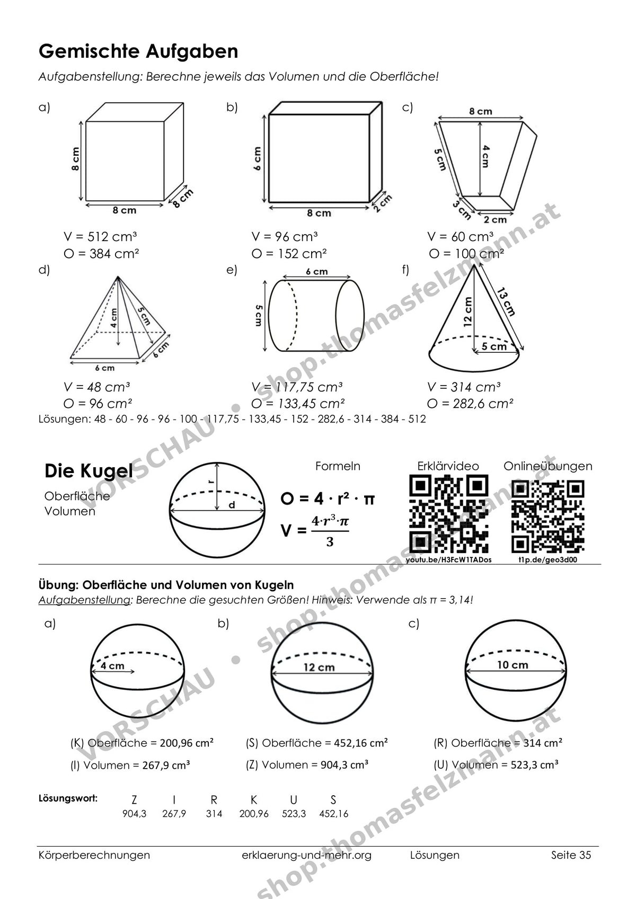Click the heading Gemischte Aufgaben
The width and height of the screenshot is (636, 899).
pos(138,52)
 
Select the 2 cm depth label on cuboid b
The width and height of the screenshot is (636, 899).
pos(382,203)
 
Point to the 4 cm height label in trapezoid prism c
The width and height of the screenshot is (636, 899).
pos(485,156)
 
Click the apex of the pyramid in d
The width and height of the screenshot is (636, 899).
pos(118,276)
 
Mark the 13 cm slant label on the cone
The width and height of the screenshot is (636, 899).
pos(506,302)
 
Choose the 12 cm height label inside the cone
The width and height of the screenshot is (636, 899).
pos(467,312)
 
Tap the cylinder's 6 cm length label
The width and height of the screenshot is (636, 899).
pos(317,272)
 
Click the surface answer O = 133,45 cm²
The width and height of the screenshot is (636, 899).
pos(298,403)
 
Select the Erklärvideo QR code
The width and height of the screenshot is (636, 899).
pos(448,514)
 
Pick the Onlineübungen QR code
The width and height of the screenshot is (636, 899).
pos(547,517)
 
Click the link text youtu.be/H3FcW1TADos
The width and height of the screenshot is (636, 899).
pos(448,559)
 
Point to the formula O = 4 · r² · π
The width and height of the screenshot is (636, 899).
pos(328,499)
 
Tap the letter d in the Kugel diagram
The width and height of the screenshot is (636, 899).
pos(232,505)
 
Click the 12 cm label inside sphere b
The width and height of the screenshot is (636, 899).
pos(319,667)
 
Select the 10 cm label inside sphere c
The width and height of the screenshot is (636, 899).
pos(513,665)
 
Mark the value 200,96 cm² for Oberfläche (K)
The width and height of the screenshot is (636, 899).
pos(187,743)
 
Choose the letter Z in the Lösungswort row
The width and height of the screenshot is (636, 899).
pos(134,800)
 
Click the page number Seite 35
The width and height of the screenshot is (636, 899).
pos(571,855)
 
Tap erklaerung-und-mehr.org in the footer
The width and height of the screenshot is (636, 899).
pos(306,855)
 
